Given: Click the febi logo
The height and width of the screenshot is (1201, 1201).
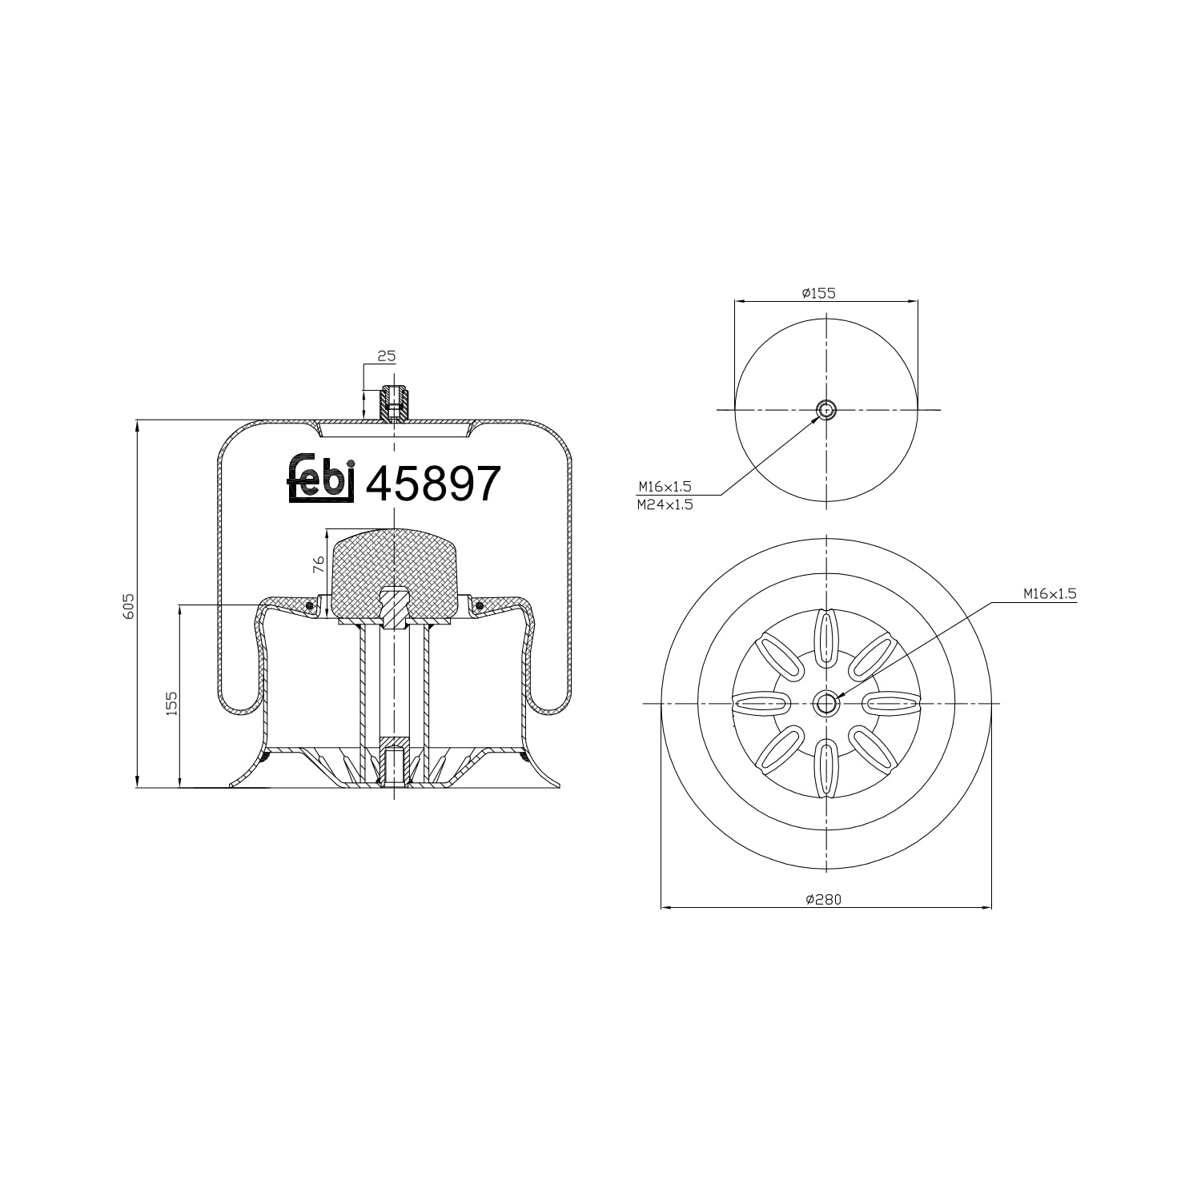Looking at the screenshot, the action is coord(320,480).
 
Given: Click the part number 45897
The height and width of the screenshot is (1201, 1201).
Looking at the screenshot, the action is coord(433,484).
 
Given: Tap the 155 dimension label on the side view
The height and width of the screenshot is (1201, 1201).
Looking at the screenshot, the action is coord(171,702).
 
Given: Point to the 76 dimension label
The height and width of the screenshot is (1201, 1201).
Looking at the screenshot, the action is coord(318,564).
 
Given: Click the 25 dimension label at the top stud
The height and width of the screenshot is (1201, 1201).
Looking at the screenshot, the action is coord(388,355).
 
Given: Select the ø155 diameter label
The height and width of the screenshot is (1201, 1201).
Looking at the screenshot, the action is coord(818,293).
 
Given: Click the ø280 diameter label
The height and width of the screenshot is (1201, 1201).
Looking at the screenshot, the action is coord(824,899).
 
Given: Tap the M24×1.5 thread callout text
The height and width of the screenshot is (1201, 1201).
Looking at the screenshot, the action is coord(665,505).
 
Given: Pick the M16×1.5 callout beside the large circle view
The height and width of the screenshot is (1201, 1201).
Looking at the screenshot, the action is coord(1050,594).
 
